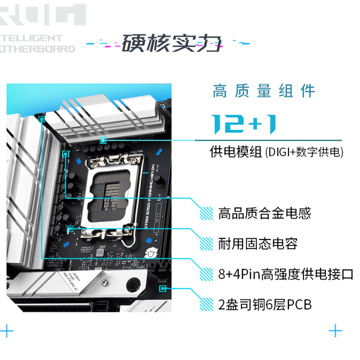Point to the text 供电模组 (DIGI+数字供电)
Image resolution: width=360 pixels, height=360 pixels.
point(276,152)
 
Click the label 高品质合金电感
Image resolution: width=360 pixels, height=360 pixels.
point(264,213)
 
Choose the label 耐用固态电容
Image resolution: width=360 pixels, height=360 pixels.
point(257,244)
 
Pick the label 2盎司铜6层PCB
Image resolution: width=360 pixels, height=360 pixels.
point(265,305)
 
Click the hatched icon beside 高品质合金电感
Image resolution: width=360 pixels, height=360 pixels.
point(207,213)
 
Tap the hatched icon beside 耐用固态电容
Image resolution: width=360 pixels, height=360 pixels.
point(207,244)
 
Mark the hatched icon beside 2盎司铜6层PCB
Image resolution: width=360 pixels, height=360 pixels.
point(207,305)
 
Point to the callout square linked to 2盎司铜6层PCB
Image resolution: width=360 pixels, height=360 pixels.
point(162,288)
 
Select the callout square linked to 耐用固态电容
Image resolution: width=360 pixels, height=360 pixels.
point(70,229)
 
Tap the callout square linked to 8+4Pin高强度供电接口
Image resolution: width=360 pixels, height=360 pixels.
point(42,119)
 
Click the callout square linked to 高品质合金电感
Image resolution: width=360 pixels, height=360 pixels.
point(66,153)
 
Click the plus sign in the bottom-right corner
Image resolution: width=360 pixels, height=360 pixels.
point(335,332)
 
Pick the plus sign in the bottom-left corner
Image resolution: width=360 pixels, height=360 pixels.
point(7,332)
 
